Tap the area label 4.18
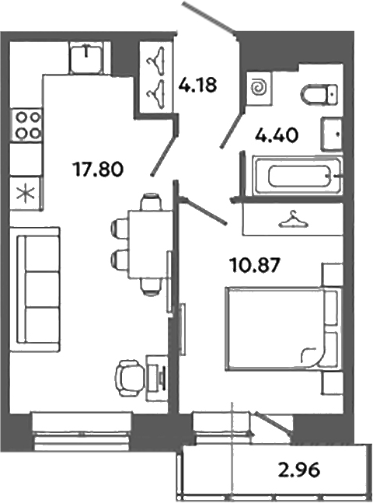pyautogui.click(x=197, y=83)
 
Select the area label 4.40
pyautogui.click(x=277, y=137)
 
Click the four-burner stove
pyautogui.click(x=27, y=124)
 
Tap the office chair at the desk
pyautogui.click(x=129, y=378)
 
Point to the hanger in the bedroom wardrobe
pyautogui.click(x=292, y=221)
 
